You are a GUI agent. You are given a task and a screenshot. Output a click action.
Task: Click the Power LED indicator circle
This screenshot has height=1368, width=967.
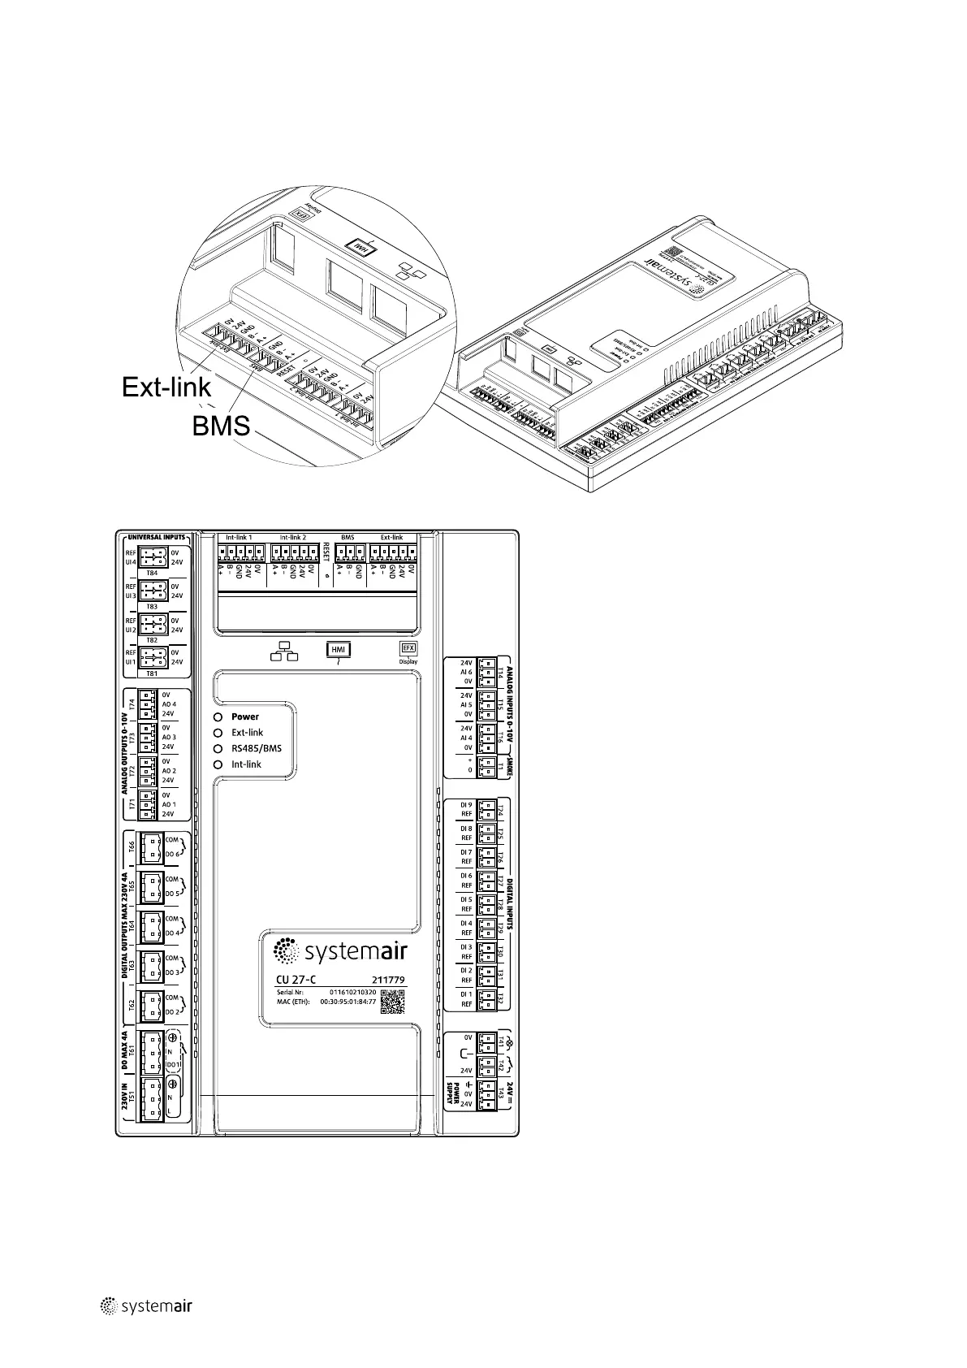pos(218,716)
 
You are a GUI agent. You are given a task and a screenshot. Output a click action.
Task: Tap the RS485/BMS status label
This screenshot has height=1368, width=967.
pos(257,748)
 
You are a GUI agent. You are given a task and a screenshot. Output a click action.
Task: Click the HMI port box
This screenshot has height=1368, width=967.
pos(338,649)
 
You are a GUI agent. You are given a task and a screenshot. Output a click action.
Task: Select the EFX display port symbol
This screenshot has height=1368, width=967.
pos(408,648)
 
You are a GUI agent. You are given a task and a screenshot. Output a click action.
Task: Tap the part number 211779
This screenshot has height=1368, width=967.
pos(388,980)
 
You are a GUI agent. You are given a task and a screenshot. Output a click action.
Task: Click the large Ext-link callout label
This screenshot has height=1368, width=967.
pos(166,387)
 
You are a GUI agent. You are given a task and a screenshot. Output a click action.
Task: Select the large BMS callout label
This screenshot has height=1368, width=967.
pos(221,425)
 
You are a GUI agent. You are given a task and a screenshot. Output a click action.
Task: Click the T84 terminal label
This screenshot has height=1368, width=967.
pos(152,573)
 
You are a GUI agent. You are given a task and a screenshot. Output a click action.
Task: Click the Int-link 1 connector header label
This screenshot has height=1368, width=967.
pos(239,537)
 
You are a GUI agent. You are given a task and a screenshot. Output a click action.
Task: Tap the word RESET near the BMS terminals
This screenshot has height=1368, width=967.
pos(326,552)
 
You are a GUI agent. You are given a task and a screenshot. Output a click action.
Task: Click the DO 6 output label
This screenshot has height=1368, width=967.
pos(172,854)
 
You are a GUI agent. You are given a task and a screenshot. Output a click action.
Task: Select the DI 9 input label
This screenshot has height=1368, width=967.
pos(466,805)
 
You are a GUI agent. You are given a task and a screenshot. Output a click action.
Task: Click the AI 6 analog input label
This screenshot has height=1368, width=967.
pos(466,672)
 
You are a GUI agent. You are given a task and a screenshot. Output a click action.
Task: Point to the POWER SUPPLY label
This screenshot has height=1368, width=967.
pos(456,1092)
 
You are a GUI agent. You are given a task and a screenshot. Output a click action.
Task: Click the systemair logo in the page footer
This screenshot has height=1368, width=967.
pos(145,1328)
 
